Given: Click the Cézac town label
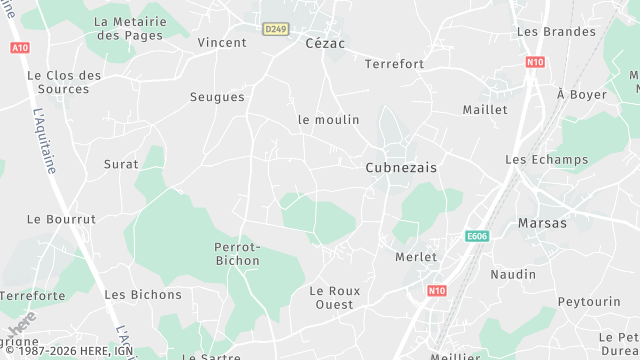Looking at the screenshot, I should coord(325,43).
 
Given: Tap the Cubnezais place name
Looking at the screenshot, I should coord(401,168).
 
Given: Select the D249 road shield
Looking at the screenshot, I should coord(276,29).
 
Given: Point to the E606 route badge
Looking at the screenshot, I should coord(477,236).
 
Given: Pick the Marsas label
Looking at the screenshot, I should coord(542,223).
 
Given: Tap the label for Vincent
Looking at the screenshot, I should coord(222,43).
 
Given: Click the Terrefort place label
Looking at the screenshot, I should coord(395,64).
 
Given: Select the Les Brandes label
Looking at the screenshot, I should coord(556,32).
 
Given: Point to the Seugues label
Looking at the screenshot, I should coord(217,97).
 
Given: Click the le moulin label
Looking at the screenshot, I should coord(328,119).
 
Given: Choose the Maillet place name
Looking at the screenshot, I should coord(485,109).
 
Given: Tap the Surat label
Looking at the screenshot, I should coord(121,163).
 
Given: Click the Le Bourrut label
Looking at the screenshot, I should coord(61,219).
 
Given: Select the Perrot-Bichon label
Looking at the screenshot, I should coord(237,254).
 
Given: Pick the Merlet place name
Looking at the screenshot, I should coord(416,257).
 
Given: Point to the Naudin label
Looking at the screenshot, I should coord(513,274).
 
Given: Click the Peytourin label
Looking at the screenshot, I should coord(589,301).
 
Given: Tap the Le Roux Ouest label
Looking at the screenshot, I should coord(331,297).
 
